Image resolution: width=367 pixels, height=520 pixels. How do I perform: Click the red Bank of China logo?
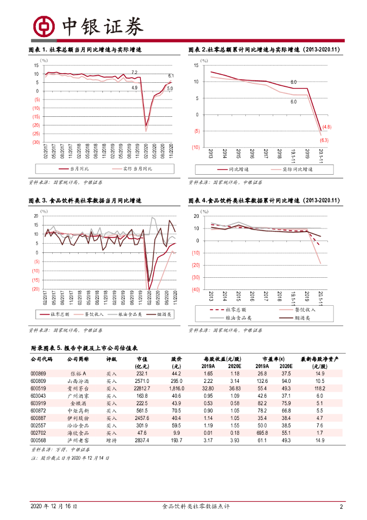[x=43, y=25]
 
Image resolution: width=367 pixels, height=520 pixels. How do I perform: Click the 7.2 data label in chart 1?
[x=134, y=72]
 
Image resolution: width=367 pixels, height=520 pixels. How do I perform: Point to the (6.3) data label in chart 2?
[x=325, y=140]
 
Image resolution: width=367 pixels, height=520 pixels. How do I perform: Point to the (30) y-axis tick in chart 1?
[x=36, y=143]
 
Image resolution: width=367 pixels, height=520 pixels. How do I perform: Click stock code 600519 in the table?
[x=38, y=388]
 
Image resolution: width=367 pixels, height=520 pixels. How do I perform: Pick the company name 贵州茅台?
[x=78, y=388]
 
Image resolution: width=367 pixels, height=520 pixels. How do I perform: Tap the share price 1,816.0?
[x=175, y=388]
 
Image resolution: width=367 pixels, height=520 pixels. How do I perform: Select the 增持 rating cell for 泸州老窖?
[x=112, y=441]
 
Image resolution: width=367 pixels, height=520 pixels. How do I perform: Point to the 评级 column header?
[x=112, y=359]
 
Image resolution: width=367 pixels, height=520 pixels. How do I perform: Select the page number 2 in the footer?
[x=341, y=507]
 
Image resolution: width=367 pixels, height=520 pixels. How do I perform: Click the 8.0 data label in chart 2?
[x=293, y=82]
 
